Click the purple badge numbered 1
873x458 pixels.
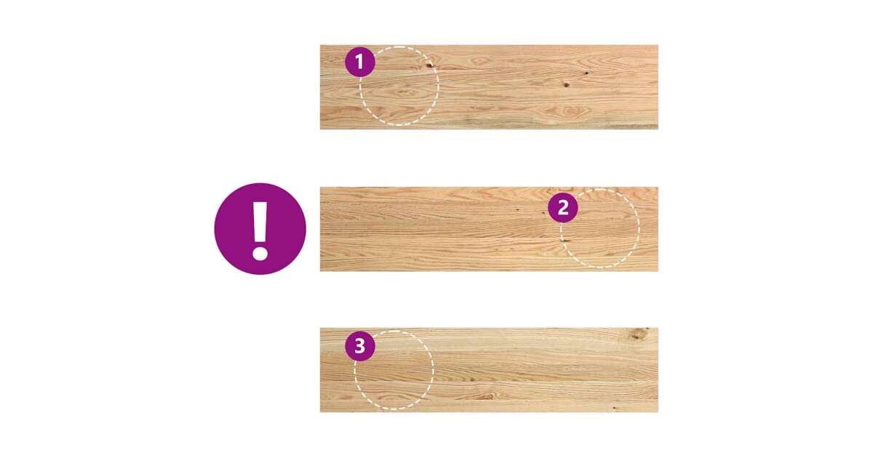(x=359, y=62)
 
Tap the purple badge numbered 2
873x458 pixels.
(x=563, y=208)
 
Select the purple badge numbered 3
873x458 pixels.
(x=359, y=346)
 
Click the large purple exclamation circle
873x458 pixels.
(x=260, y=228)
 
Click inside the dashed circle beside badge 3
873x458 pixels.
(x=394, y=370)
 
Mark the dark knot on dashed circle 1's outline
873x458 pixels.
(x=429, y=65)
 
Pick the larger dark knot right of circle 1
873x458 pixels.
(x=566, y=84)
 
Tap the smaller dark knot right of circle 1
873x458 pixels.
(x=586, y=73)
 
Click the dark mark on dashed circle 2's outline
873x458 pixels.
(x=564, y=241)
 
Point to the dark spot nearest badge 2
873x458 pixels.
(x=545, y=212)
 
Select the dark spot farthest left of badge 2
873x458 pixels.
(x=517, y=210)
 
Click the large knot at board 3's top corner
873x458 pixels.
(x=637, y=334)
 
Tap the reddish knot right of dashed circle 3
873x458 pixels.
(x=489, y=396)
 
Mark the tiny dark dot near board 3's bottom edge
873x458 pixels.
(x=615, y=408)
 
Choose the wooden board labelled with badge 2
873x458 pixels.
(x=489, y=229)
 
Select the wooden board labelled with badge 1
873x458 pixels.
(x=489, y=87)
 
